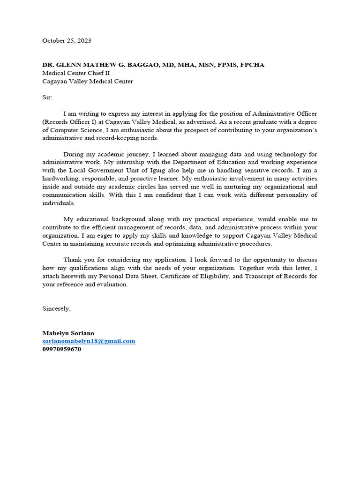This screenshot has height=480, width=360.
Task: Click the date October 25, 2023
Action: pos(67,41)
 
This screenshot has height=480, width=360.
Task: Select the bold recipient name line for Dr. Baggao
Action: pos(153,65)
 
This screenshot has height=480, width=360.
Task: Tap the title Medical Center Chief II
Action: pos(76,73)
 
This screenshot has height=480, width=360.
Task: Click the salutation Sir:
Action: pos(48,97)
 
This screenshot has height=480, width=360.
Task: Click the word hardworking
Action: pos(60,179)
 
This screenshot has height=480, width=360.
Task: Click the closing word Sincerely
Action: pos(56,308)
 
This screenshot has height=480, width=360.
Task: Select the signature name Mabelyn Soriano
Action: pos(68,333)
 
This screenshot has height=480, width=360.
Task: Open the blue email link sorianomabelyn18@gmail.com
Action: pos(89,341)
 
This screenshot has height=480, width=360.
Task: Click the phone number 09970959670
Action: pos(61,349)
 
